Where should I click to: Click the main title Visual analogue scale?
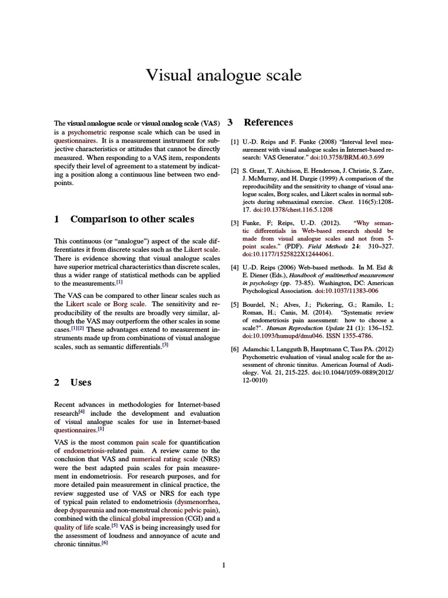click(223, 76)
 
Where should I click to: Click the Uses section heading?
click(80, 383)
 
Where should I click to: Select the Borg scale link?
click(130, 304)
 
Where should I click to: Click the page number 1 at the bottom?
click(223, 565)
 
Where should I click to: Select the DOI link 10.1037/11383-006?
click(346, 290)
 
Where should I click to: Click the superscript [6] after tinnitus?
click(104, 543)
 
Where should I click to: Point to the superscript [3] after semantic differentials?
click(165, 345)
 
